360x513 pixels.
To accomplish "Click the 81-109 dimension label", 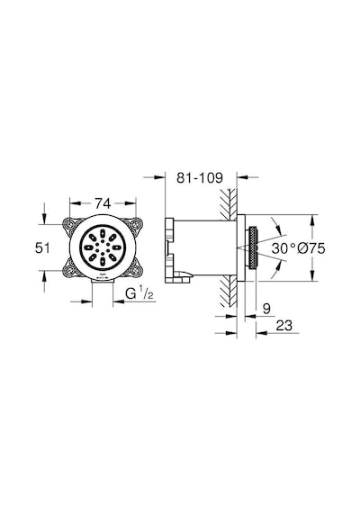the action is coord(200,177).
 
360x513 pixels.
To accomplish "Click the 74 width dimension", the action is coord(103,203).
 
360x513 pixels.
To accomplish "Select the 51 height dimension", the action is coord(42,248).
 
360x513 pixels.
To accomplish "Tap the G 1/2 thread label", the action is coord(139,294).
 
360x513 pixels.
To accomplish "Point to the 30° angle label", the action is coord(283,248).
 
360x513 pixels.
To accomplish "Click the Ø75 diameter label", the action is coord(311,248).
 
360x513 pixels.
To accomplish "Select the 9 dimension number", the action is coord(266,309).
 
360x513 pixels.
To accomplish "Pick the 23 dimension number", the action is coord(283,326).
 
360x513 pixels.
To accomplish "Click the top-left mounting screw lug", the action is coord(69,224).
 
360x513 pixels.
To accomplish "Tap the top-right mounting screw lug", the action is coord(135,224).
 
